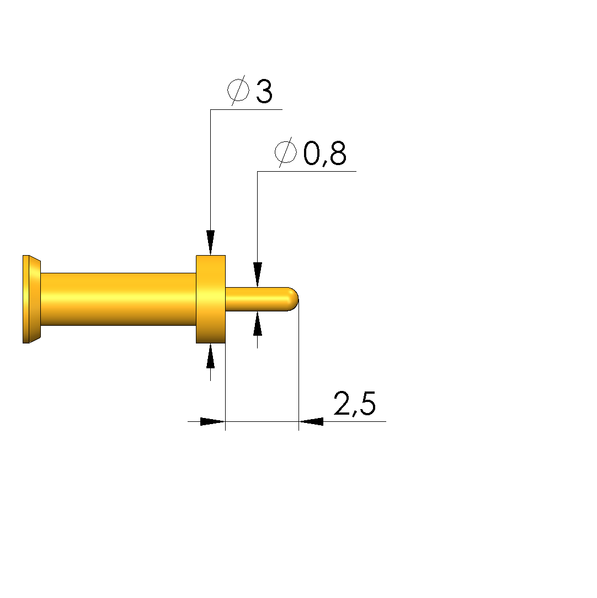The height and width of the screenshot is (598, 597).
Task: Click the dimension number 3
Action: point(264,92)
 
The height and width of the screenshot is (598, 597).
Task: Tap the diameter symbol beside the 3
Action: point(238,91)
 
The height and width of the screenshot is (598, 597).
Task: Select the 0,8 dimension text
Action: point(325,154)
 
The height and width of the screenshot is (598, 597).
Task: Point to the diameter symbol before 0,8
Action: point(286,152)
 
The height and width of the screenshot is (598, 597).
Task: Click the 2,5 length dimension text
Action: point(355,404)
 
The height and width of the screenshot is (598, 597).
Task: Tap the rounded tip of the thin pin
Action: point(294,299)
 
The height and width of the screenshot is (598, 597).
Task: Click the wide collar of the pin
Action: point(211,299)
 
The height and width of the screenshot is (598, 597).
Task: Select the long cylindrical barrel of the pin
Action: point(118,299)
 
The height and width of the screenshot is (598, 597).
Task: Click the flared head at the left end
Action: point(31,299)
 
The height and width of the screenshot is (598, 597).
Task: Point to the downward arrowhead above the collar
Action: point(211,242)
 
